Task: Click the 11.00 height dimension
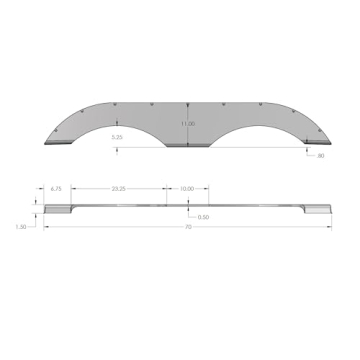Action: [187, 124]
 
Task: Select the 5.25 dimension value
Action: [117, 137]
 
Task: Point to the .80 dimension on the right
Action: [319, 157]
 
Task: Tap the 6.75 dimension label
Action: [57, 187]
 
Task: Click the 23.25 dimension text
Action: [118, 187]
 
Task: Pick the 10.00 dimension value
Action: [187, 187]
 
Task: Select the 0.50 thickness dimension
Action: [203, 217]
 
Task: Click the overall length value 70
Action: [187, 227]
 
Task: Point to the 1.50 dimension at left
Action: [21, 227]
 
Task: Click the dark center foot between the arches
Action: [187, 146]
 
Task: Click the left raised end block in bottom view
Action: [57, 208]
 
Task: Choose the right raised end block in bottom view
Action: [318, 208]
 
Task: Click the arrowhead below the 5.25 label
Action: [119, 149]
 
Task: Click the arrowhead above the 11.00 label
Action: [188, 99]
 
